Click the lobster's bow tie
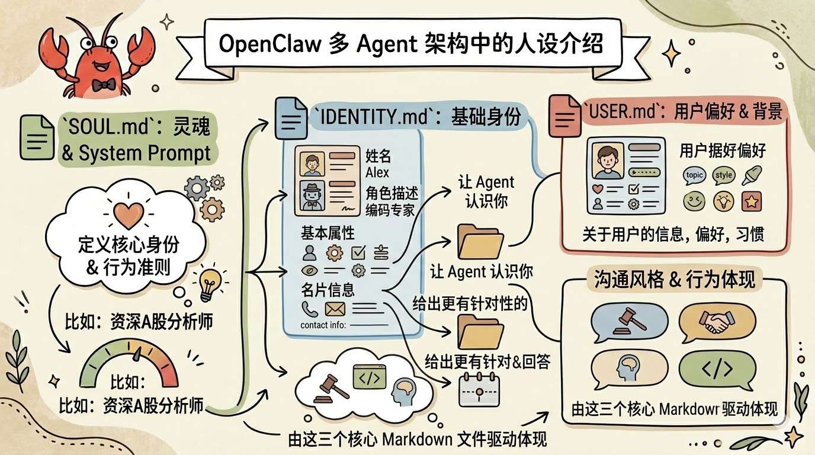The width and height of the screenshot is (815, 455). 88,84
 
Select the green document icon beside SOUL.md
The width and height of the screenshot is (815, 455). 37,137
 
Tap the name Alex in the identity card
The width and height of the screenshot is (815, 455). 377,172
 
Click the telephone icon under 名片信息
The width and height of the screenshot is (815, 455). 310,308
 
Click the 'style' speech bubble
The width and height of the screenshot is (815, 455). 723,175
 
